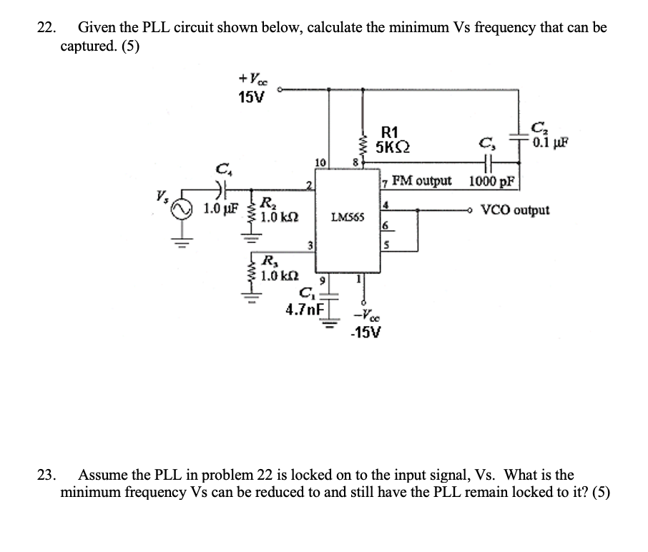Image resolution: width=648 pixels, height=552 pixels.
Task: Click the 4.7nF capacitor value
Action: pyautogui.click(x=304, y=310)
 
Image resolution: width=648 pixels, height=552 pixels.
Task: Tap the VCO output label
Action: pyautogui.click(x=515, y=210)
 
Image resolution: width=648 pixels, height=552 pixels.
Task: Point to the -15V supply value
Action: pyautogui.click(x=365, y=333)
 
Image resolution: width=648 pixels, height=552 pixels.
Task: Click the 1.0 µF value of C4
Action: pyautogui.click(x=220, y=210)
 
